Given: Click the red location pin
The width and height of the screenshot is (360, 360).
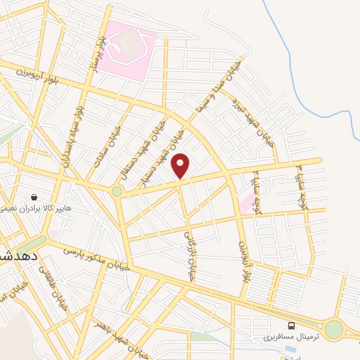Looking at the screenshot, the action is click(181, 166).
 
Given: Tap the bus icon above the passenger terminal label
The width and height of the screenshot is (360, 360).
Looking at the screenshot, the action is click(291, 326).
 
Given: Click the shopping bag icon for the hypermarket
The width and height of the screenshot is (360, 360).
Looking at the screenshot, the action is click(33, 198).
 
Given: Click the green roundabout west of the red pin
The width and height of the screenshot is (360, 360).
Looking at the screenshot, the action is click(117, 190).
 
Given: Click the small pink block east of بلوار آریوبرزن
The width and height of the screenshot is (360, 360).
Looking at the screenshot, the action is click(247, 205).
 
